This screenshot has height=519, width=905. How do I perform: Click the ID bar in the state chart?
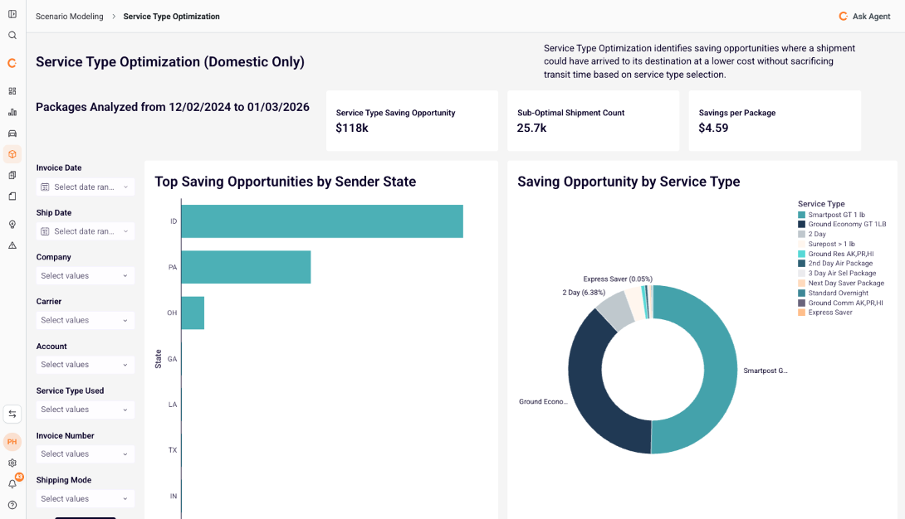[x=321, y=221]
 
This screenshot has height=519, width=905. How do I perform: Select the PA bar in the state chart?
[x=246, y=267]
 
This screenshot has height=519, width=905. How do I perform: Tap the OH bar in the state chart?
[x=193, y=313]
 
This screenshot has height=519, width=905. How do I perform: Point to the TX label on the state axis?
[x=173, y=450]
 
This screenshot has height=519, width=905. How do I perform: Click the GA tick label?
[x=172, y=359]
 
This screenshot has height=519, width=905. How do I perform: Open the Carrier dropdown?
[x=85, y=320]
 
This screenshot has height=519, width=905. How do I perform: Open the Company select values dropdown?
[x=85, y=275]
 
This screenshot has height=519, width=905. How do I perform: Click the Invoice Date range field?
[x=85, y=187]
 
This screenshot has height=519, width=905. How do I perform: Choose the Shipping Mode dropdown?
[x=85, y=498]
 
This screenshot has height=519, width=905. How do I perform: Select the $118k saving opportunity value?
[x=352, y=128]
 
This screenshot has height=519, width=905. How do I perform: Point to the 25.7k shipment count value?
[x=531, y=128]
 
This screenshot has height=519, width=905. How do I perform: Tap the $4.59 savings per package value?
[x=713, y=128]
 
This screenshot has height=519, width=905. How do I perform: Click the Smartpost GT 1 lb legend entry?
[x=836, y=215]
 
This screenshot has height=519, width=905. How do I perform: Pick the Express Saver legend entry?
[x=829, y=313]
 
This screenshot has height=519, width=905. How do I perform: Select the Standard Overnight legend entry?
[x=837, y=293]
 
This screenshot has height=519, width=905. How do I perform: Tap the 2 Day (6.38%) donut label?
[x=584, y=293]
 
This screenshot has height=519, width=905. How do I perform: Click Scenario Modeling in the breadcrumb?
[x=70, y=17]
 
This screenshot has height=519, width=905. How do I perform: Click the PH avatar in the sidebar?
[x=12, y=442]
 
